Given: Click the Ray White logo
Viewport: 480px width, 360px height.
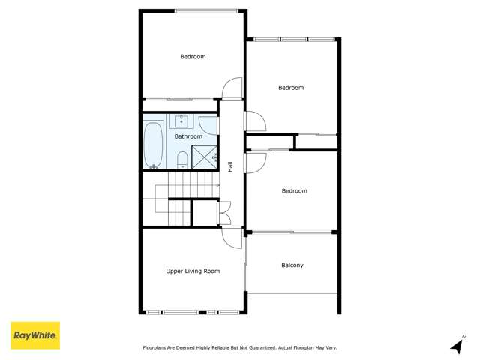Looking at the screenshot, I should coord(34,335).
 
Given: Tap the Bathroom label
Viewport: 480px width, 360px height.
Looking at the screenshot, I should coord(188,136).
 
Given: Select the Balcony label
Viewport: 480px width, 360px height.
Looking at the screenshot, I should coord(292,265).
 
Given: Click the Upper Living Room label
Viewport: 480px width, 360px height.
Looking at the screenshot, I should coord(193,271).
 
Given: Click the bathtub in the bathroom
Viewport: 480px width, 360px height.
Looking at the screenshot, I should coord(154,143).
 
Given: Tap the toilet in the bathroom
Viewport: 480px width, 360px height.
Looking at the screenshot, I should coord(181,160).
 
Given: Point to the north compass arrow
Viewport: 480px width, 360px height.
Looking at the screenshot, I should coord(457,344).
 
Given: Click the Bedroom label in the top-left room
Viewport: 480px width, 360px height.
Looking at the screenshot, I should coord(193,56).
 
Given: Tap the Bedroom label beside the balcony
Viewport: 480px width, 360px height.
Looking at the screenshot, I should coord(294,190).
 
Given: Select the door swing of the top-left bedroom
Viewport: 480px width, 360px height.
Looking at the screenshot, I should coord(233,88).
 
